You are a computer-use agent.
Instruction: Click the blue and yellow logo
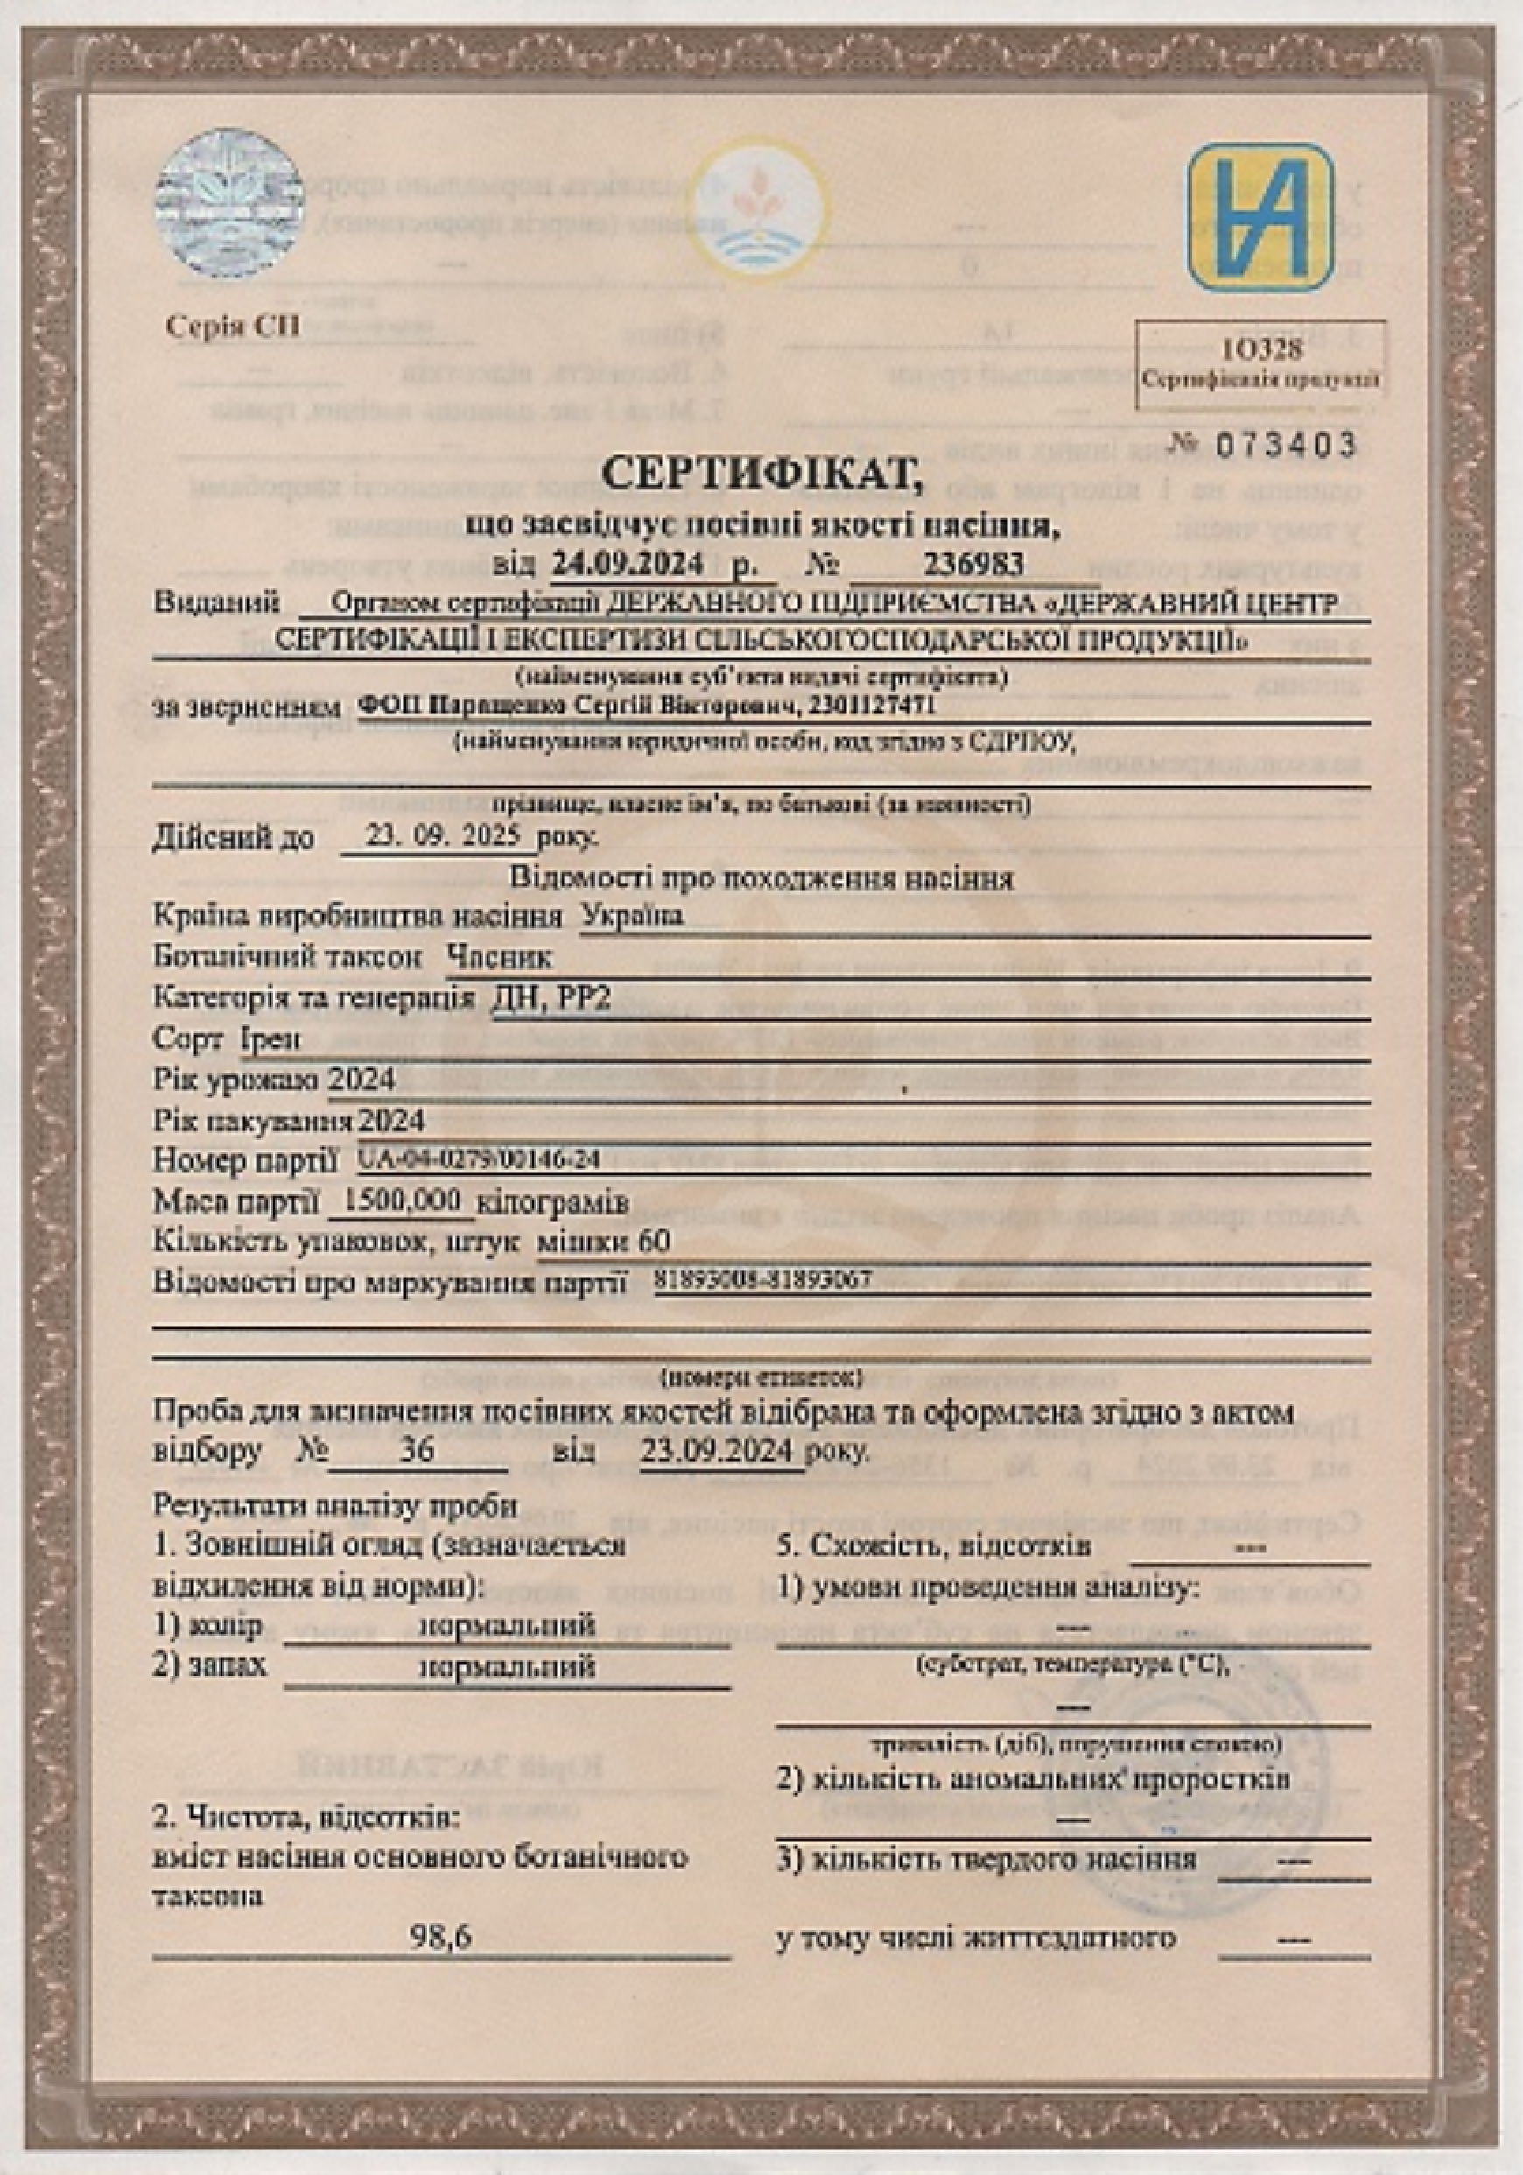[1260, 217]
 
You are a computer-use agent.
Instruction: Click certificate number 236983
[973, 565]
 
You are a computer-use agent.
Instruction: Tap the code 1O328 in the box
[1260, 350]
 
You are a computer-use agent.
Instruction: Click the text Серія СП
[233, 327]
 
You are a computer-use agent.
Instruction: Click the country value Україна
[632, 916]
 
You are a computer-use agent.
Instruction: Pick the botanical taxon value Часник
[499, 958]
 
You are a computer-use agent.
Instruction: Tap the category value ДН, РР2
[551, 997]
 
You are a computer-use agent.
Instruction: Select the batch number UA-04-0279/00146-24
[480, 1158]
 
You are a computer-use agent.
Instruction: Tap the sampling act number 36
[414, 1450]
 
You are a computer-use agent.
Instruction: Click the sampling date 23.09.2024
[719, 1450]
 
